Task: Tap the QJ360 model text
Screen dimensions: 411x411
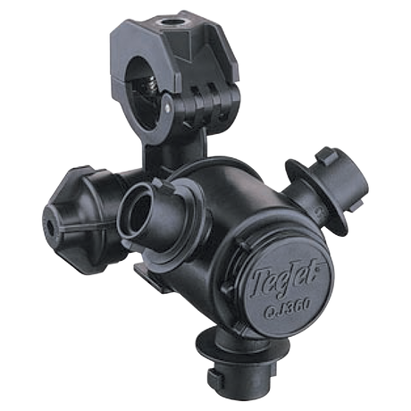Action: (288, 306)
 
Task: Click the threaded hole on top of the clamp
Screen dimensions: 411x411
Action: (168, 22)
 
